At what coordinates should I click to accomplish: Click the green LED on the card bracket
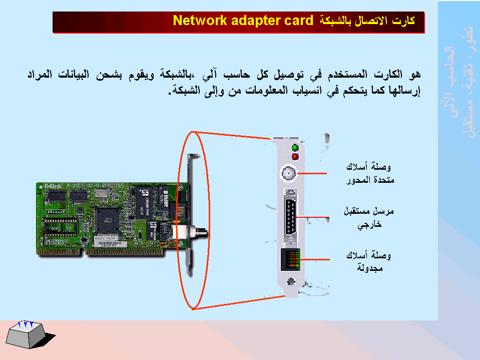click(x=295, y=148)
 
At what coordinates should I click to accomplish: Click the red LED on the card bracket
click(x=295, y=157)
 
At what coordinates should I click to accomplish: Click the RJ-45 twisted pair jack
click(x=290, y=259)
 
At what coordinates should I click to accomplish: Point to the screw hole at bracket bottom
click(x=289, y=282)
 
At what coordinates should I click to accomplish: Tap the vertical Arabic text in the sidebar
click(x=460, y=90)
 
